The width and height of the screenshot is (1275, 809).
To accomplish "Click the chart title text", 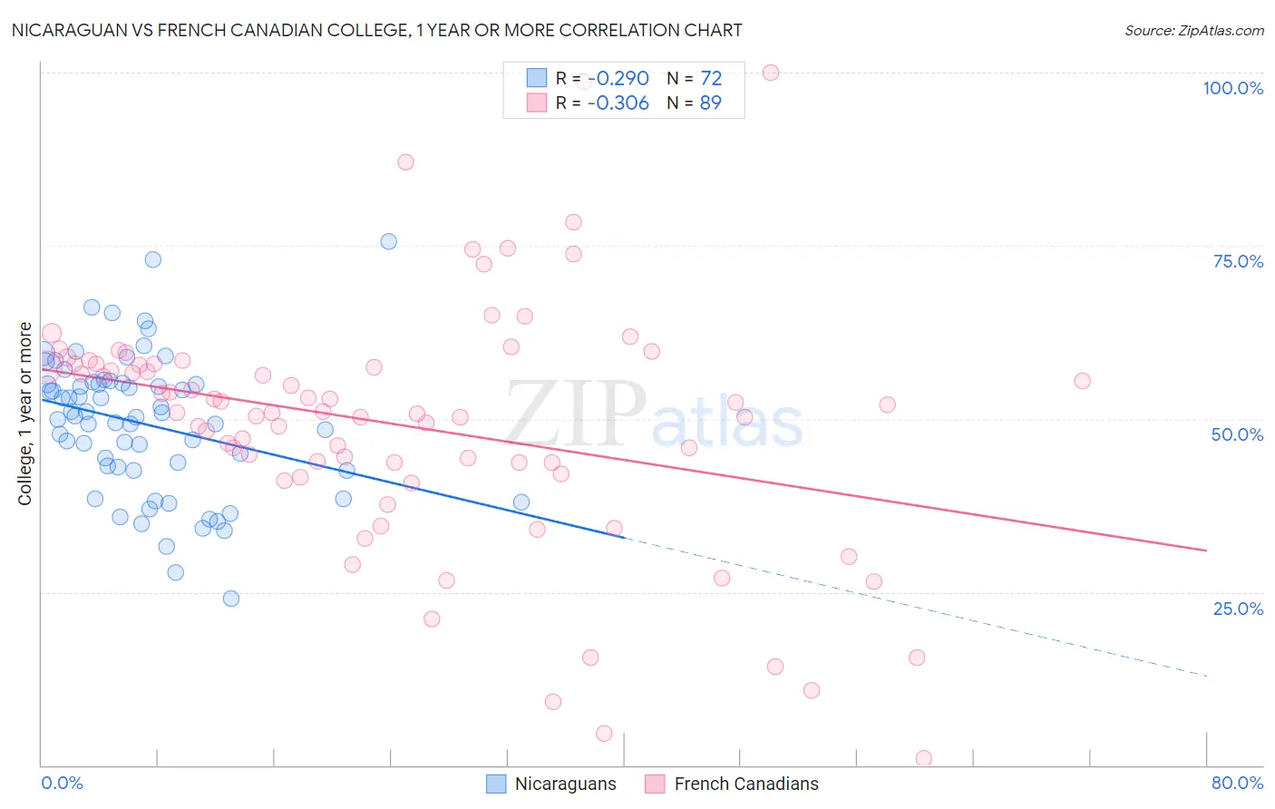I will [x=376, y=30].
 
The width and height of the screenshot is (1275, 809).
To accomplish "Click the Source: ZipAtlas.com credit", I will [x=1193, y=31].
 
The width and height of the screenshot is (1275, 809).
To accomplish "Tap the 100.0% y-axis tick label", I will [x=1232, y=88].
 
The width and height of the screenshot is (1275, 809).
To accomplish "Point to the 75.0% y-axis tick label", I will [x=1238, y=261].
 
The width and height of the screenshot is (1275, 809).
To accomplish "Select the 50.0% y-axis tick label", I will [x=1237, y=434].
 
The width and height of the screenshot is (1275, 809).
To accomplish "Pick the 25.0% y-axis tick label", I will [x=1238, y=609].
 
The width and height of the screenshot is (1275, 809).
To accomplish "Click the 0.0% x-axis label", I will [x=62, y=783].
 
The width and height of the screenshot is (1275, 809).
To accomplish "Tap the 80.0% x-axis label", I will [x=1237, y=783].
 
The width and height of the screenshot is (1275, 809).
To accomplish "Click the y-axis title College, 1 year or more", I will [x=25, y=414].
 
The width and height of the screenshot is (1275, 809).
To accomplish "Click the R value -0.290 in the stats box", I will [x=618, y=79].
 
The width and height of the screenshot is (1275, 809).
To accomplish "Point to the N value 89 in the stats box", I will [x=710, y=103].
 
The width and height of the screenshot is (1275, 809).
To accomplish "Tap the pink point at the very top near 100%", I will [x=771, y=73].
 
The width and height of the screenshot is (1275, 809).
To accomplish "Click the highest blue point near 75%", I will [x=389, y=241].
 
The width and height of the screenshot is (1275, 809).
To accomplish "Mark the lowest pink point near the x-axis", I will [x=924, y=758].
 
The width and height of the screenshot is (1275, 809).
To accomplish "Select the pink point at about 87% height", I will [x=405, y=162].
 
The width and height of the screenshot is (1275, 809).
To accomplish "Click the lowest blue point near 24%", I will [x=231, y=599].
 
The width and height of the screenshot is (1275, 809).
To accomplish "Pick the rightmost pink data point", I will [x=1082, y=381].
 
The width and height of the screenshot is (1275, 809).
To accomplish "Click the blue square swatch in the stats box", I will [x=537, y=79].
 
